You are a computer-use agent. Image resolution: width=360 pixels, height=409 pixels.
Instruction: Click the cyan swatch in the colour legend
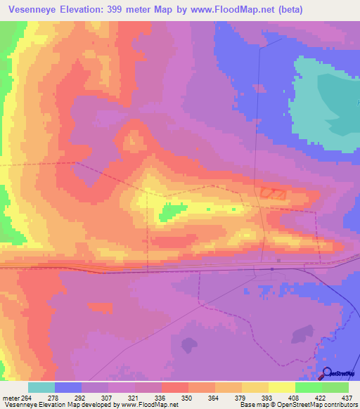point(41,387)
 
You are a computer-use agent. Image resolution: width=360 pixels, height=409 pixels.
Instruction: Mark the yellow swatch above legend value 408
point(281,387)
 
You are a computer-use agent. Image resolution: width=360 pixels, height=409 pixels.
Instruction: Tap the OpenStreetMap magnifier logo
point(327,372)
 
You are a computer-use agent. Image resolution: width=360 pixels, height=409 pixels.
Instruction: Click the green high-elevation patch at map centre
point(171,210)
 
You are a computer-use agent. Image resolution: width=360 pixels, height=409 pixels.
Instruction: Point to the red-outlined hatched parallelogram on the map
point(273,192)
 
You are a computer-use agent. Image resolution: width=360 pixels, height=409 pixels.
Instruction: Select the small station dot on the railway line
point(272,268)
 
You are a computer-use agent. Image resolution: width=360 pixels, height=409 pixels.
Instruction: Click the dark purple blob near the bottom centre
point(188,344)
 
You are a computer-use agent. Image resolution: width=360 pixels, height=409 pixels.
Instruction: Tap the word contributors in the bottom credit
point(340,405)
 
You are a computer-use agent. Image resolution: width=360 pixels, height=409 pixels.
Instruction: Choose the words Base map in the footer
point(251,405)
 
